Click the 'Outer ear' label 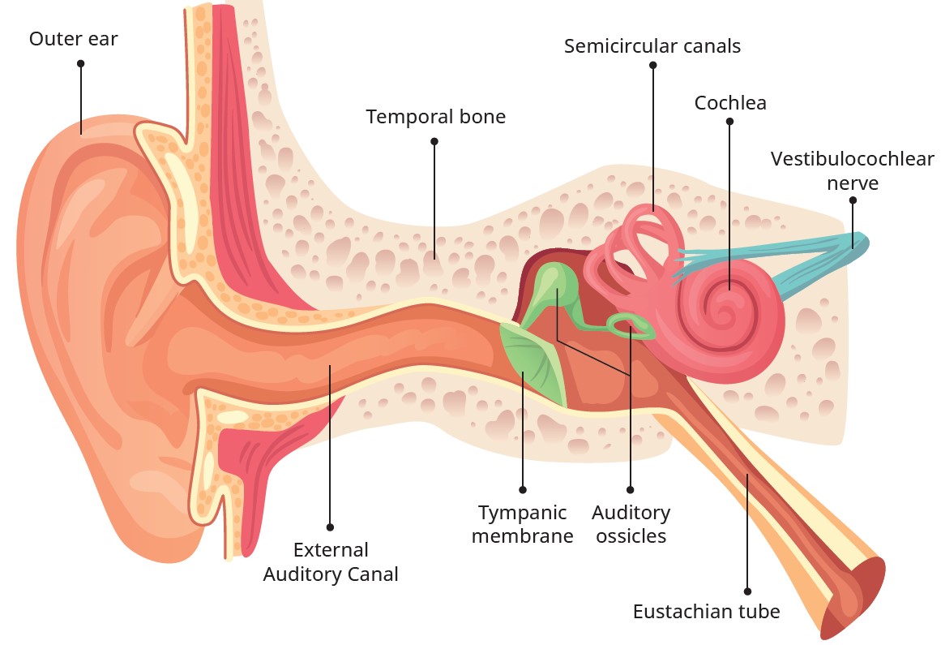73,39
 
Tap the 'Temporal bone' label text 435,117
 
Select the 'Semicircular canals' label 652,46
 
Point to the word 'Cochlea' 730,103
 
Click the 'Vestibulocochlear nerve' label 852,170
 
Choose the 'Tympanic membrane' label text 522,524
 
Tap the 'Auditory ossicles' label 631,524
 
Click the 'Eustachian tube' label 706,611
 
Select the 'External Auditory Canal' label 331,561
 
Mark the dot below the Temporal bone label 434,141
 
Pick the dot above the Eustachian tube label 747,591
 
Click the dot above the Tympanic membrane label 523,490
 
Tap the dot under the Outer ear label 80,62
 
